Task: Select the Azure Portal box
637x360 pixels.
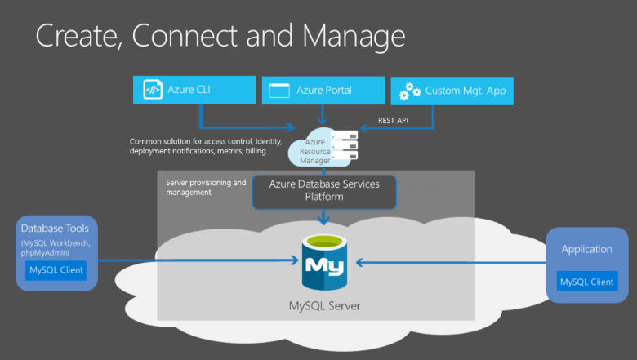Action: [x=323, y=90]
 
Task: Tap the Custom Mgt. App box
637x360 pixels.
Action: [x=452, y=91]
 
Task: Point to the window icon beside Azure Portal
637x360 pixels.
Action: [x=280, y=91]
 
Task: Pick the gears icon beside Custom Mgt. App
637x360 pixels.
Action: [x=409, y=92]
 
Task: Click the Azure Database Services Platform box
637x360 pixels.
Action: [x=324, y=191]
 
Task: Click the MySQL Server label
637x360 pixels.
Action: [x=324, y=307]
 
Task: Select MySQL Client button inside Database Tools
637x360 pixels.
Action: [x=56, y=270]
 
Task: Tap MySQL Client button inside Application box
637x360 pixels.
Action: [x=586, y=282]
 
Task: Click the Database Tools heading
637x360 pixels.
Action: [x=56, y=229]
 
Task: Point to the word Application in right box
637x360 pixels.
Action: [x=586, y=248]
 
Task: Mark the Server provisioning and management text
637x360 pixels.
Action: [x=205, y=187]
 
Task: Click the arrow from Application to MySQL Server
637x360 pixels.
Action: [x=449, y=262]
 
